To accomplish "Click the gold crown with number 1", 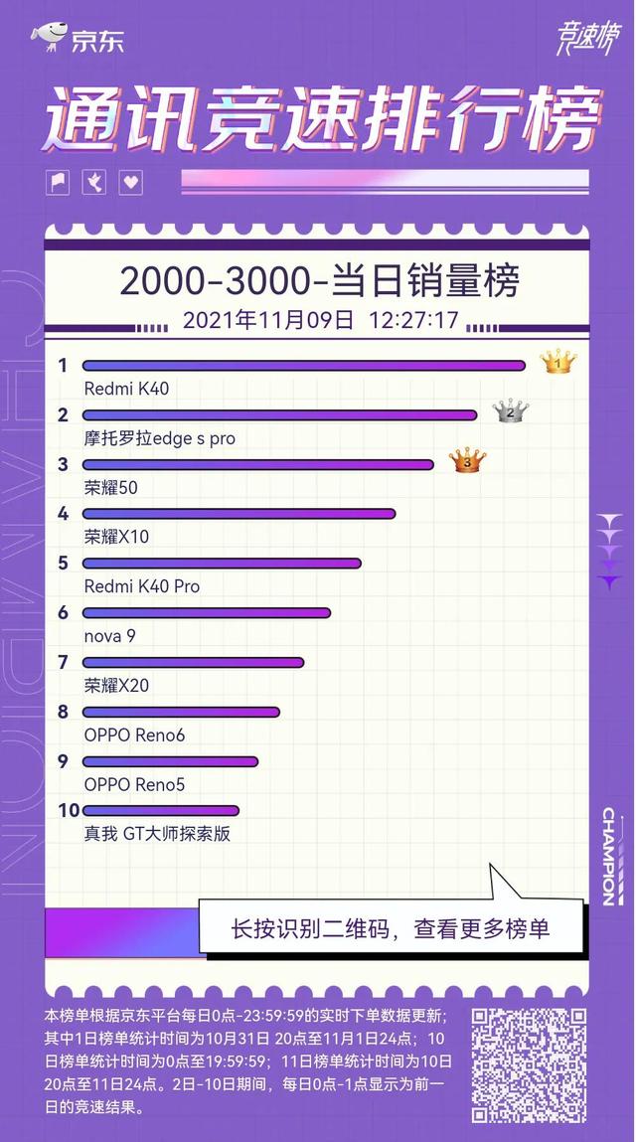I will pos(558,362).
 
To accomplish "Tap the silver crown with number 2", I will pos(511,410).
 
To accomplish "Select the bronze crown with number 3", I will pos(467,460).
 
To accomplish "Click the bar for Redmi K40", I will pos(303,366).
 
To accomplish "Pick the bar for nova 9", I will pos(206,613).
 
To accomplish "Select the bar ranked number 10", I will pos(160,811).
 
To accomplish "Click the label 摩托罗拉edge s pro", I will pos(159,437).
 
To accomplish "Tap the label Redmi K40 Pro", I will pos(141,586).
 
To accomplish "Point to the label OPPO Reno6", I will pos(134,735).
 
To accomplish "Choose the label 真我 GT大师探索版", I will pos(157,834).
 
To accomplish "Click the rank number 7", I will pos(64,662).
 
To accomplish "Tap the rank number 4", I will pos(64,514).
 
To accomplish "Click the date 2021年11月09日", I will pos(268,320).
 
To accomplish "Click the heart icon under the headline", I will pos(131,183).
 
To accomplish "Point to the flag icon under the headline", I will pos(58,183).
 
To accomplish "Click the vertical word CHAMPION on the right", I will pos(608,855).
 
